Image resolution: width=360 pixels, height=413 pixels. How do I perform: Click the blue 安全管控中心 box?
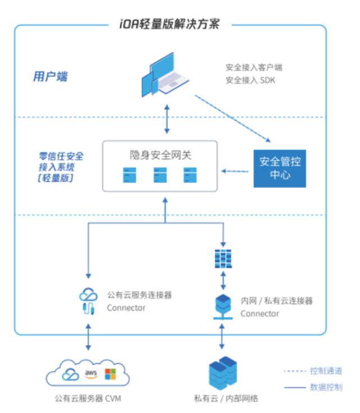pos(279,168)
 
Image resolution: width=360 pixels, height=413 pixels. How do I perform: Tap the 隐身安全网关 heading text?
pos(161,155)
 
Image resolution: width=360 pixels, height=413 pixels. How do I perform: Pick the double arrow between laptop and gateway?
pos(166,118)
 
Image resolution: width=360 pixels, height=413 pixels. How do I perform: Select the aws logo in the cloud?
pos(90,373)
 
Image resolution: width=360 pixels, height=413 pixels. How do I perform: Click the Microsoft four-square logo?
pos(110,374)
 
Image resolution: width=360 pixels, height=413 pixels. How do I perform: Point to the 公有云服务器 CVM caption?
pos(88,398)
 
